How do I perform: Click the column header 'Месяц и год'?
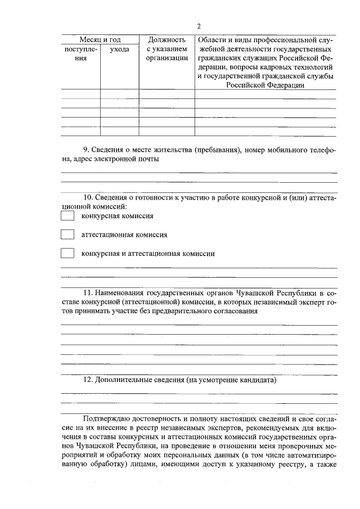[x=100, y=40]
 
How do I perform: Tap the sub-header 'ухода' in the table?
[x=119, y=49]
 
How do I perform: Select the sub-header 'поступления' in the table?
[x=81, y=54]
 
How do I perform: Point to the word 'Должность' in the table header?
[x=166, y=40]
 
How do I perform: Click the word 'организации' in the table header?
[x=166, y=58]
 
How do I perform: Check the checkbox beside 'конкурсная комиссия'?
[x=67, y=216]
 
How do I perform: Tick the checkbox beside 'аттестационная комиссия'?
[x=67, y=235]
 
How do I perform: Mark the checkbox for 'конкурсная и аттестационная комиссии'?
[x=67, y=253]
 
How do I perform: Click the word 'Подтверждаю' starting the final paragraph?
[x=106, y=419]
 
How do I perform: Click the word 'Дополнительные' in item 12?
[x=123, y=380]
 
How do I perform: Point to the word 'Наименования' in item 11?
[x=120, y=293]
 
